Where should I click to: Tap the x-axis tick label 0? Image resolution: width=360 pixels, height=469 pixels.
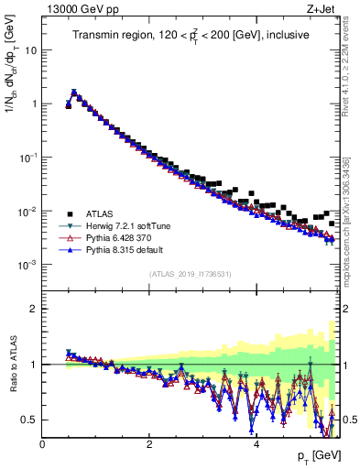click(x=42, y=443)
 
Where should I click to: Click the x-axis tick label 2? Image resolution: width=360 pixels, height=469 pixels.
click(x=149, y=443)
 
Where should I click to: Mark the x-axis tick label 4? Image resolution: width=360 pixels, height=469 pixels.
click(x=256, y=443)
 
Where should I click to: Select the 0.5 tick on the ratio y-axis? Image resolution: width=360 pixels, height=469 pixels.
click(x=28, y=420)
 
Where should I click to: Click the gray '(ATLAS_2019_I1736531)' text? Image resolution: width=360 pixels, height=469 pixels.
click(x=190, y=274)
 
